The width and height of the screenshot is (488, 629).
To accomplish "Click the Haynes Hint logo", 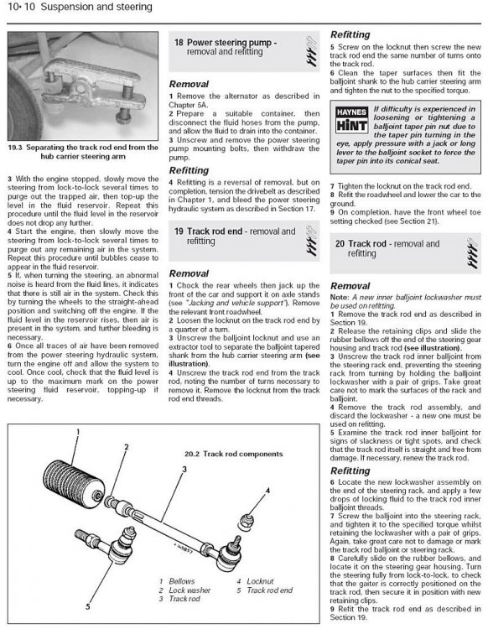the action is click(x=351, y=120).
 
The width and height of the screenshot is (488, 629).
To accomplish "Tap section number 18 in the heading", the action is click(x=179, y=42).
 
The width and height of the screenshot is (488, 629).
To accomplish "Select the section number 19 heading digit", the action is click(x=179, y=231).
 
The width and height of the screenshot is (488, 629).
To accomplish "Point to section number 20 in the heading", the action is click(x=340, y=244).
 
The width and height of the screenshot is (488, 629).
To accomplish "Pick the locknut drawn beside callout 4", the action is click(x=245, y=522).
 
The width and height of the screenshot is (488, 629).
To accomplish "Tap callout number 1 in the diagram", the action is click(x=78, y=432).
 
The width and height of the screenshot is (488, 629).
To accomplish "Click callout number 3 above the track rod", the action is click(x=184, y=469).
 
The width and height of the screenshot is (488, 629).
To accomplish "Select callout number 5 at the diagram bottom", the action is click(x=88, y=607).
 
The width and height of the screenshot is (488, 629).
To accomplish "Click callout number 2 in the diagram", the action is click(x=127, y=447).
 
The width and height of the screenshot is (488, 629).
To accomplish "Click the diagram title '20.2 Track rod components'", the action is click(x=233, y=454).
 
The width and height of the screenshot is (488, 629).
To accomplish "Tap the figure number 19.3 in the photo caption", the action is click(x=15, y=148).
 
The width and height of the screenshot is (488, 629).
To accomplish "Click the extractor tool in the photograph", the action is click(x=95, y=89).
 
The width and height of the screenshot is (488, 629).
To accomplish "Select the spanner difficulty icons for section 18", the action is click(x=312, y=51).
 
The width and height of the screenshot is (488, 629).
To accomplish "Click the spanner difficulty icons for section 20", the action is click(x=472, y=252).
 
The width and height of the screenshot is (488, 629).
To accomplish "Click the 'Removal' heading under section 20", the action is click(x=350, y=286).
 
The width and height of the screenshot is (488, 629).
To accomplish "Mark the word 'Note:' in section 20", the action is click(x=340, y=298).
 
